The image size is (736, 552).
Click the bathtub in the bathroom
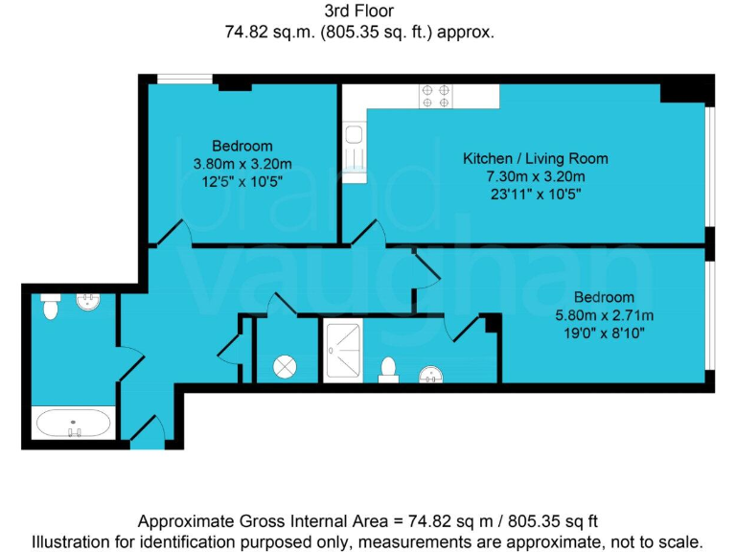(x=74, y=423)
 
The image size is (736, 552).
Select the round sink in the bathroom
(x=88, y=304)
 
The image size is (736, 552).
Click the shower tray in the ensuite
(x=345, y=352)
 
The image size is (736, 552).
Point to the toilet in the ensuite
(x=389, y=370)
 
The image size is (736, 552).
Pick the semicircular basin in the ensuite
(x=432, y=375)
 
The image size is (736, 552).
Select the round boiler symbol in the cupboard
(x=287, y=366)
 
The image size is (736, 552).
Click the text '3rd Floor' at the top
(x=359, y=12)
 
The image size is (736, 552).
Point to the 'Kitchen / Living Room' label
(x=535, y=158)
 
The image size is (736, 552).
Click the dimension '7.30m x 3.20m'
(x=536, y=176)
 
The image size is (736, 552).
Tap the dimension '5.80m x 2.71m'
(x=604, y=315)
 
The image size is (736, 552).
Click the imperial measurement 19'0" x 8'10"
(x=604, y=333)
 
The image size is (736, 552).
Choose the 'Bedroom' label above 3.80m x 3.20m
(x=242, y=146)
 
